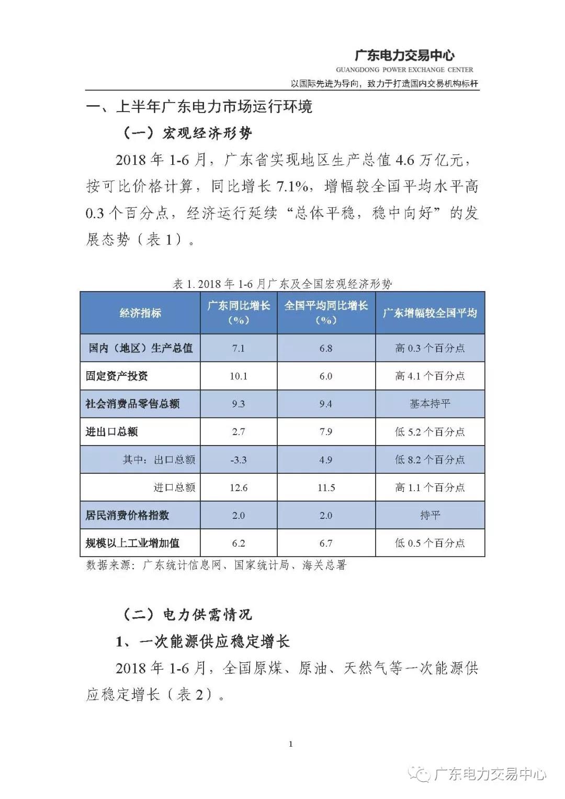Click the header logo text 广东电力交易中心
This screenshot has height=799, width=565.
tap(404, 56)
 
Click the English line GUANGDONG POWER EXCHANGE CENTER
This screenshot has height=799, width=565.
tap(404, 70)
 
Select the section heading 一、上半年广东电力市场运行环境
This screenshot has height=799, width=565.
tap(199, 107)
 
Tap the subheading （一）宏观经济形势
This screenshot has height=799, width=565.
tap(187, 133)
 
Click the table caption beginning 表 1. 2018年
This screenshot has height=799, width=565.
tap(282, 284)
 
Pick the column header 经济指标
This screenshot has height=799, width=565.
tap(140, 313)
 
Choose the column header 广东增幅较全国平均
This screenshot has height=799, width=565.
tap(430, 313)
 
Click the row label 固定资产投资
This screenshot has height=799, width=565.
tap(117, 376)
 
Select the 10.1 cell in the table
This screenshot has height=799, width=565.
tap(239, 376)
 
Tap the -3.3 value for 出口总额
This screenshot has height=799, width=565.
tap(239, 460)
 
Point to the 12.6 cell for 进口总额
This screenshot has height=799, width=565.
tap(239, 487)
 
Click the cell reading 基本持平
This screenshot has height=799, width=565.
tap(430, 404)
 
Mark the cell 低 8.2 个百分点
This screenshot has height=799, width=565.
tap(430, 460)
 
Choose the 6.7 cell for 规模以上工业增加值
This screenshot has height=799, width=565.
tap(326, 543)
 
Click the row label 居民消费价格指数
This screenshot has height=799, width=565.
tap(127, 515)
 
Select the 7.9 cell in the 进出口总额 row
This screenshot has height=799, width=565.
tap(326, 432)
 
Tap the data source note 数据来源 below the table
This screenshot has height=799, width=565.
tap(216, 565)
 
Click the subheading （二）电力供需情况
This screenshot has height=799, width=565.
tap(187, 614)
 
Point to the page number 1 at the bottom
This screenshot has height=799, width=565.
tap(291, 744)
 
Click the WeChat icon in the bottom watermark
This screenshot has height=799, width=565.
tap(421, 773)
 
